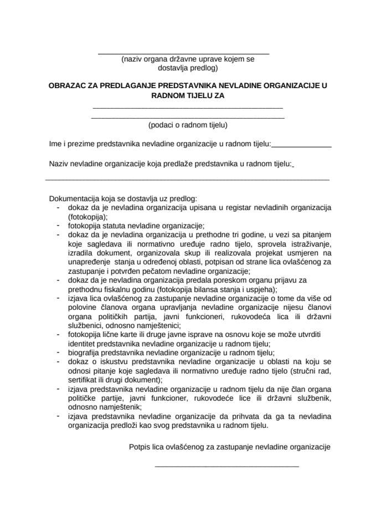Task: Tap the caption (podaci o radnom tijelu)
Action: click(188, 125)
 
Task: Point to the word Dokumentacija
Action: click(74, 198)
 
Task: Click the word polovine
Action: click(83, 308)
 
